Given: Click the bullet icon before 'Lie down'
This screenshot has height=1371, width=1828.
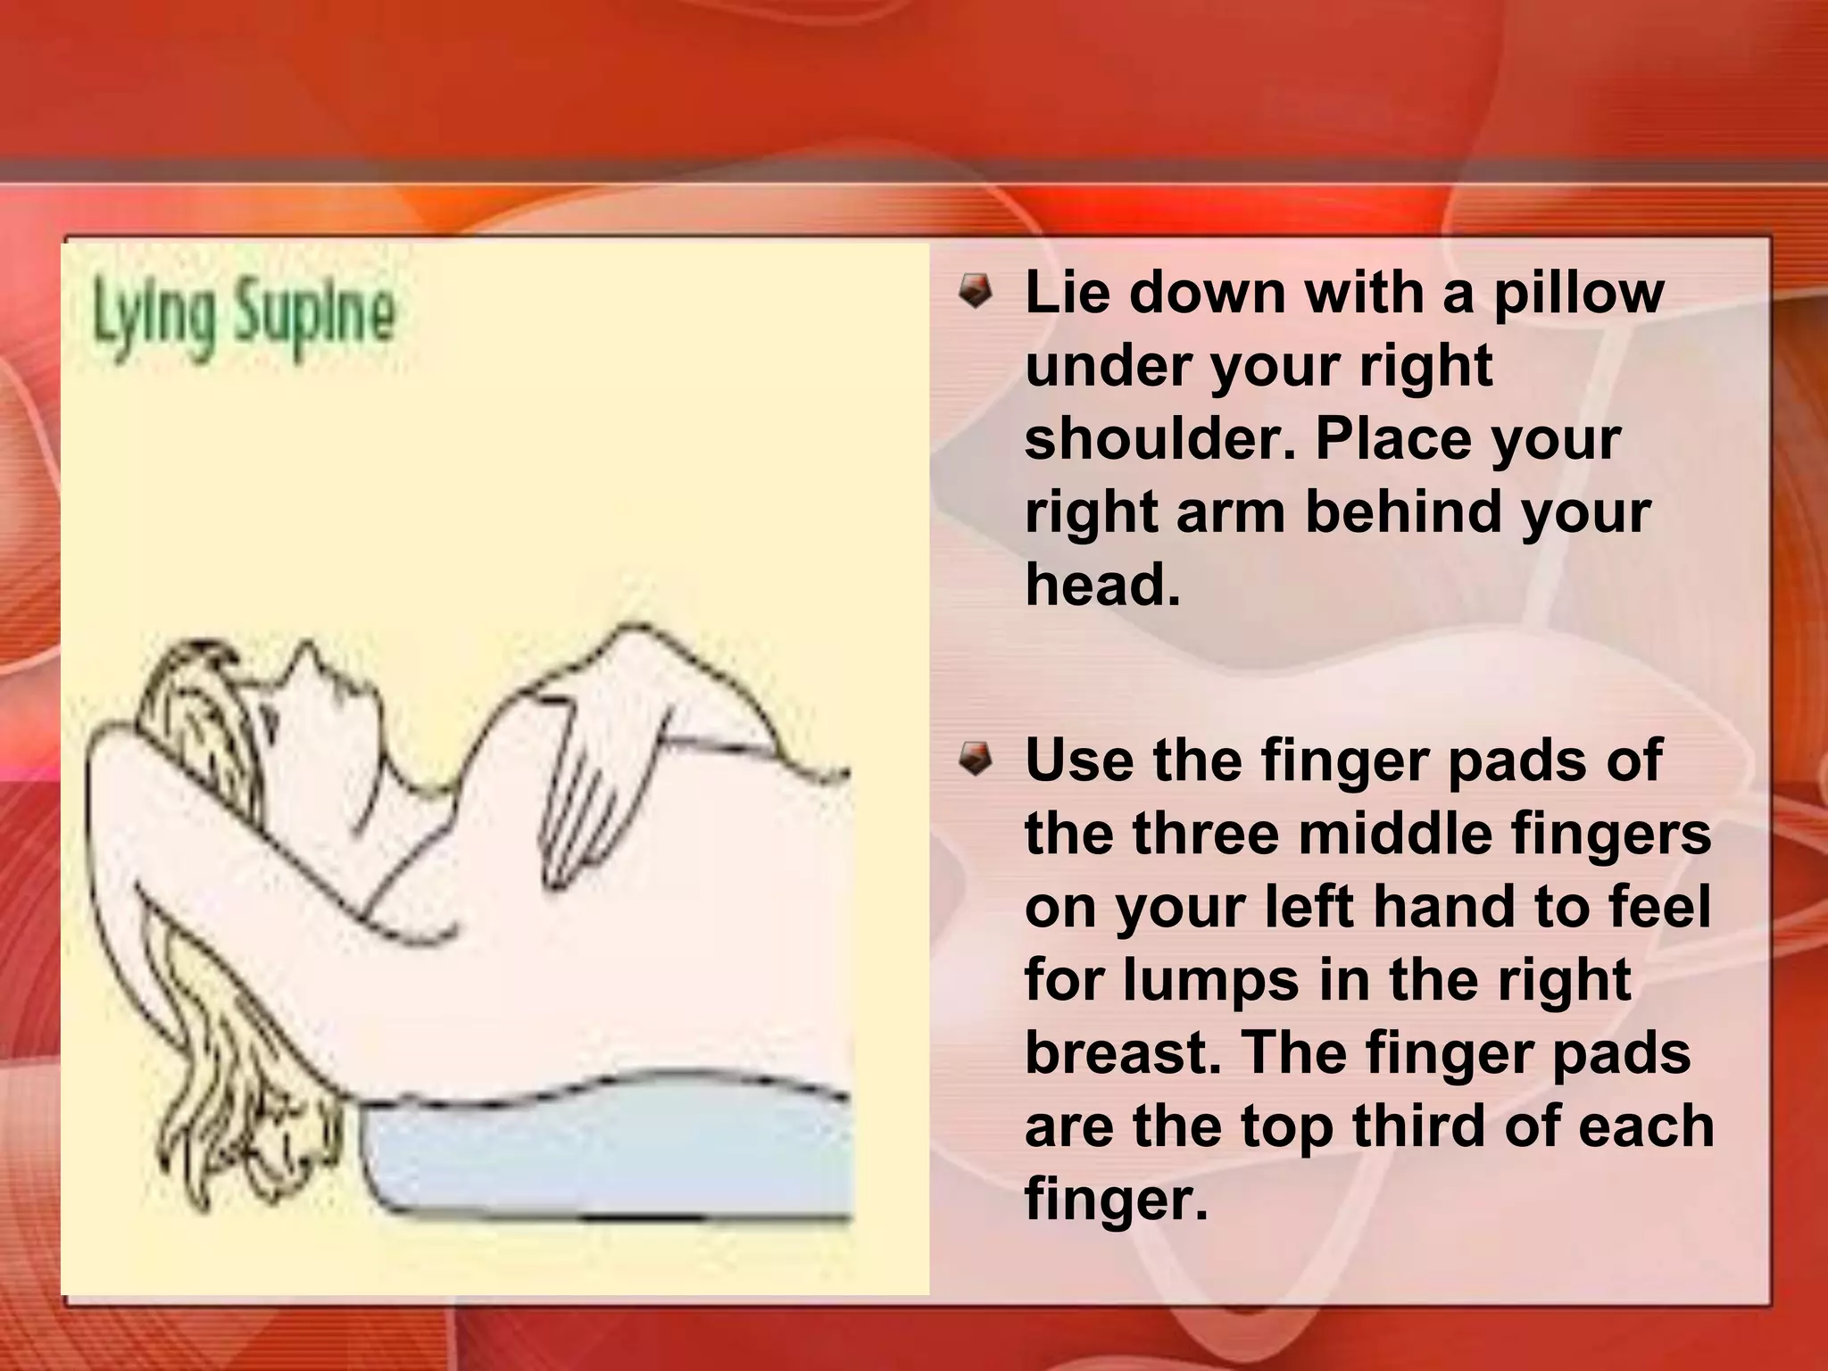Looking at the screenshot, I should [x=975, y=293].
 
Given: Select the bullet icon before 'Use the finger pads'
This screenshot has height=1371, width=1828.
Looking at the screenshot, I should [x=975, y=760].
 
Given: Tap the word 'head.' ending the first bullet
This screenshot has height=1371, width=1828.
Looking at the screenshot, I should [x=1103, y=586].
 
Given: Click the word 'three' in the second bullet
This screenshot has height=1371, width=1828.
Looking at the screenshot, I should [x=1210, y=834].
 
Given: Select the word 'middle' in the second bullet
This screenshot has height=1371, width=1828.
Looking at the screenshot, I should [x=1428, y=834].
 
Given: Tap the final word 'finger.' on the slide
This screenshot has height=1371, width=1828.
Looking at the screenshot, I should [x=1116, y=1200].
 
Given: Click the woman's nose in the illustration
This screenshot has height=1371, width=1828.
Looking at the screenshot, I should [x=310, y=652].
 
